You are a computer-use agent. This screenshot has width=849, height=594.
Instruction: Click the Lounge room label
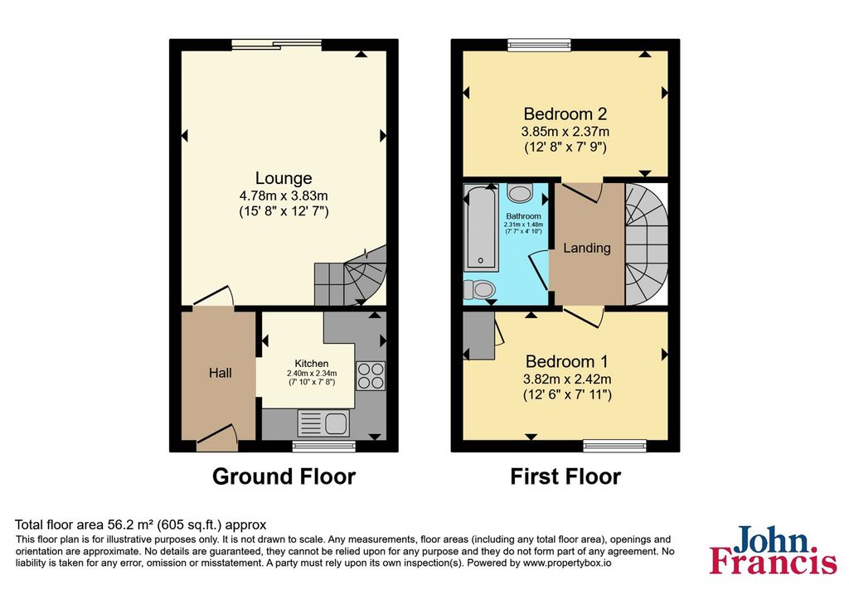(284, 178)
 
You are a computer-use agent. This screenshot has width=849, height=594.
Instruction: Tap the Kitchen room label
(312, 364)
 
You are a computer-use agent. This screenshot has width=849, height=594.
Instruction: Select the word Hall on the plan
(221, 373)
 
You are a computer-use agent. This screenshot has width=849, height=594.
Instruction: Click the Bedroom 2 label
(565, 113)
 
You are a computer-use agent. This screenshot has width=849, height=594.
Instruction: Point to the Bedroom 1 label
(567, 361)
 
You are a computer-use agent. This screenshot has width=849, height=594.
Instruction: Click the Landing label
(587, 249)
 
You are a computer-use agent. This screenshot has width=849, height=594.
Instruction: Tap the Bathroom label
(524, 216)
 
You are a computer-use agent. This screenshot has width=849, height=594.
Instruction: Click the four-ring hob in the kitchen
(371, 375)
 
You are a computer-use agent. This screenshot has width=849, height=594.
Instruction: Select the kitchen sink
(323, 423)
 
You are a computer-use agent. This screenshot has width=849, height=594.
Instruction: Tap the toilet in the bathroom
(478, 289)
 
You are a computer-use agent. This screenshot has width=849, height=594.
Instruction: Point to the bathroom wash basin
(521, 193)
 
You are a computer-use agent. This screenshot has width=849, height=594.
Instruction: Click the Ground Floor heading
(284, 476)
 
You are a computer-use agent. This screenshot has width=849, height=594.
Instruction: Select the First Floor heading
(565, 476)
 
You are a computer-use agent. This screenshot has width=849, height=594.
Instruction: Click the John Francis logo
(774, 549)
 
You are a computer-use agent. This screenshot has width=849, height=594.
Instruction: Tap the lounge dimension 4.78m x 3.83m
(284, 196)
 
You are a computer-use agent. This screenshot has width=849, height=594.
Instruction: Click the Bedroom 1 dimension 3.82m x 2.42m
(567, 379)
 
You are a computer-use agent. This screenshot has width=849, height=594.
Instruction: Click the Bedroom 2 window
(539, 45)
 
